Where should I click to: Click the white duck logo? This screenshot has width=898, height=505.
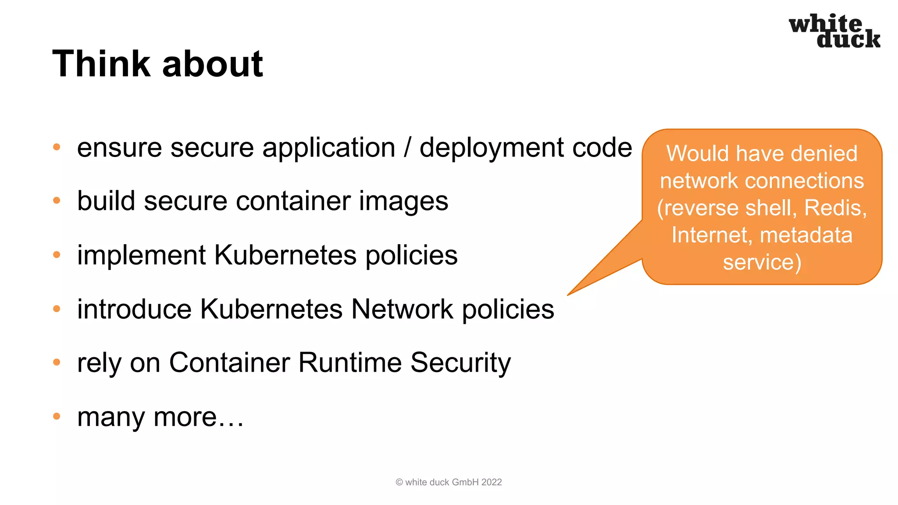(x=834, y=31)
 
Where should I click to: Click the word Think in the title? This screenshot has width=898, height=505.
(x=101, y=64)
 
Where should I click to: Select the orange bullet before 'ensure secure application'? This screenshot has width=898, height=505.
(x=57, y=147)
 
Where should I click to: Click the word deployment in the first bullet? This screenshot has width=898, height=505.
(x=491, y=148)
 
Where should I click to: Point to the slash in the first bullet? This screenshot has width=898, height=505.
(x=407, y=147)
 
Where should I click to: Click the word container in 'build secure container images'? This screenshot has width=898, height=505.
(x=293, y=201)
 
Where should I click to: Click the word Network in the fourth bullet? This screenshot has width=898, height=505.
(x=402, y=309)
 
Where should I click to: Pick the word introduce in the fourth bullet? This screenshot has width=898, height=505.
(x=134, y=309)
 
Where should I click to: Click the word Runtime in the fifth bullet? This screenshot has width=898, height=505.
(x=350, y=363)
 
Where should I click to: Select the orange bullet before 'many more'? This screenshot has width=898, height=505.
(x=57, y=416)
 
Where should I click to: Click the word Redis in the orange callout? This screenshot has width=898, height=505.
(x=834, y=208)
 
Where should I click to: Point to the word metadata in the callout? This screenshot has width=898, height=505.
(x=806, y=235)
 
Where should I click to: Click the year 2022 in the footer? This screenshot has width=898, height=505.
(x=492, y=482)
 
